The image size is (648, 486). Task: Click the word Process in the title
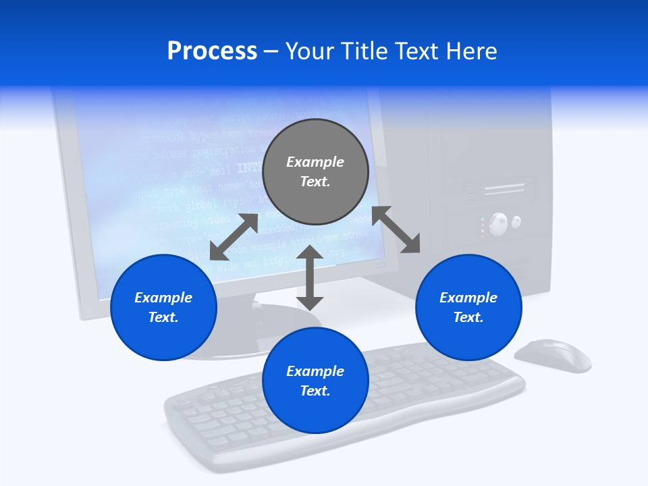coord(212,51)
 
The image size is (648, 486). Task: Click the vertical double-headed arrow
coord(310,277)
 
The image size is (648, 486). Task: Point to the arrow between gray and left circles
coord(234,237)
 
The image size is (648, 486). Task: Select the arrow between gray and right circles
coord(396,230)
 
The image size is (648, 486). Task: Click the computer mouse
coord(553,355)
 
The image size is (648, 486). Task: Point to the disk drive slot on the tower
coord(504,189)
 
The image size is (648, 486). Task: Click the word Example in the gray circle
coord(315,162)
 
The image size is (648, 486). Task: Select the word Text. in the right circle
coord(468,317)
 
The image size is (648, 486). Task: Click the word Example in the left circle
coord(163,298)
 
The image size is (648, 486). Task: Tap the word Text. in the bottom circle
coord(315,391)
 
